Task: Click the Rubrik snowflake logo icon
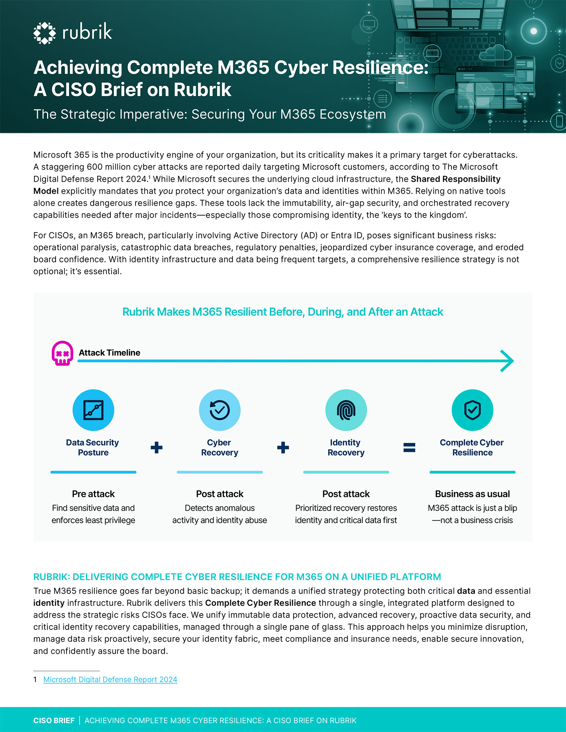tap(45, 33)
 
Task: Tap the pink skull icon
tap(62, 353)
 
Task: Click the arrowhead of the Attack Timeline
tap(507, 361)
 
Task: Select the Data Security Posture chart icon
tap(93, 410)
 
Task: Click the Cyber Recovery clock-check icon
tap(220, 410)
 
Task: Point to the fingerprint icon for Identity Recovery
tap(346, 410)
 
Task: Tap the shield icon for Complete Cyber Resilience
tap(472, 410)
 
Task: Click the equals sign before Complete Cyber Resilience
tap(409, 447)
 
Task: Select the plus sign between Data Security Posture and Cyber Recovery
tap(156, 447)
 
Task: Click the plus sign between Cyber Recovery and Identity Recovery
tap(283, 447)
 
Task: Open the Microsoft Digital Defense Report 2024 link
tap(110, 679)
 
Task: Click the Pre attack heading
tap(93, 494)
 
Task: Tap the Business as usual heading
tap(472, 494)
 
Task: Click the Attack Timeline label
tap(109, 353)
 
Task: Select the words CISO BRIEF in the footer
tap(54, 720)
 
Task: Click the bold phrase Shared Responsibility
tap(456, 179)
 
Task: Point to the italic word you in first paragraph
tap(166, 192)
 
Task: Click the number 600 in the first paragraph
tap(94, 167)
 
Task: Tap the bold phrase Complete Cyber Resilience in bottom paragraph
tap(260, 603)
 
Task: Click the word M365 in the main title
tap(243, 68)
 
